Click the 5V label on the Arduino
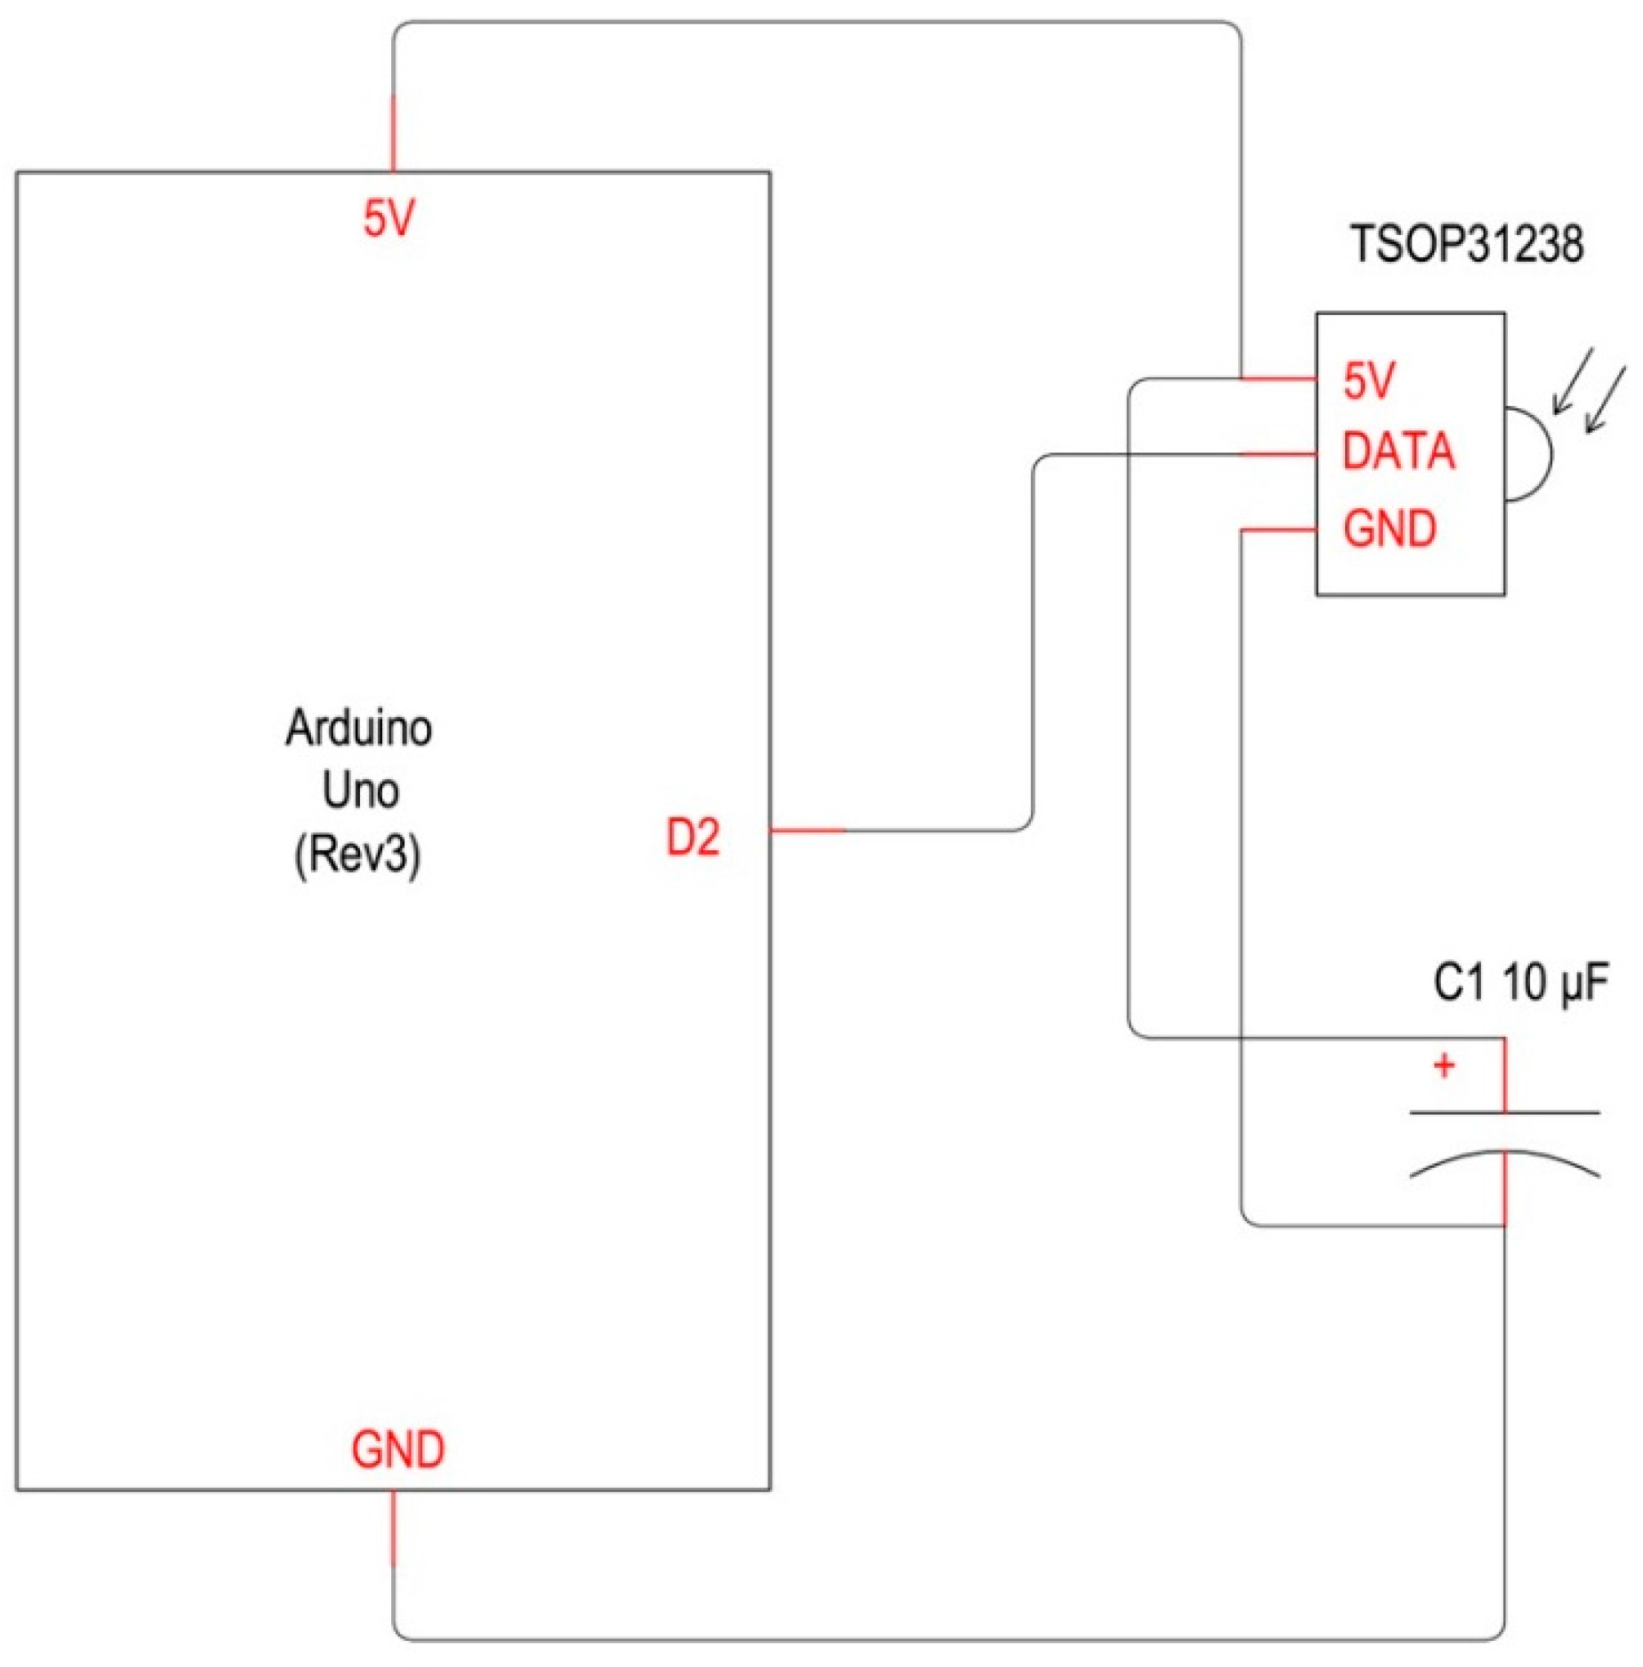pyautogui.click(x=389, y=219)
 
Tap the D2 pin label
pyautogui.click(x=693, y=837)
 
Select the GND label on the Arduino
pyautogui.click(x=398, y=1449)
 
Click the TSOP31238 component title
pyautogui.click(x=1466, y=244)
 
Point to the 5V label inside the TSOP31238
pyautogui.click(x=1369, y=381)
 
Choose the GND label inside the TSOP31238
pyautogui.click(x=1389, y=528)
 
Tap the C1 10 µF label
pyautogui.click(x=1520, y=983)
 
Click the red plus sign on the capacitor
pyautogui.click(x=1443, y=1066)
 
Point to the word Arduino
pyautogui.click(x=359, y=728)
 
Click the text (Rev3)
pyautogui.click(x=358, y=857)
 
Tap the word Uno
pyautogui.click(x=360, y=791)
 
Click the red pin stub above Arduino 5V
pyautogui.click(x=394, y=133)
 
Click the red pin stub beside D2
pyautogui.click(x=807, y=831)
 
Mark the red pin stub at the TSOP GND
pyautogui.click(x=1278, y=529)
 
